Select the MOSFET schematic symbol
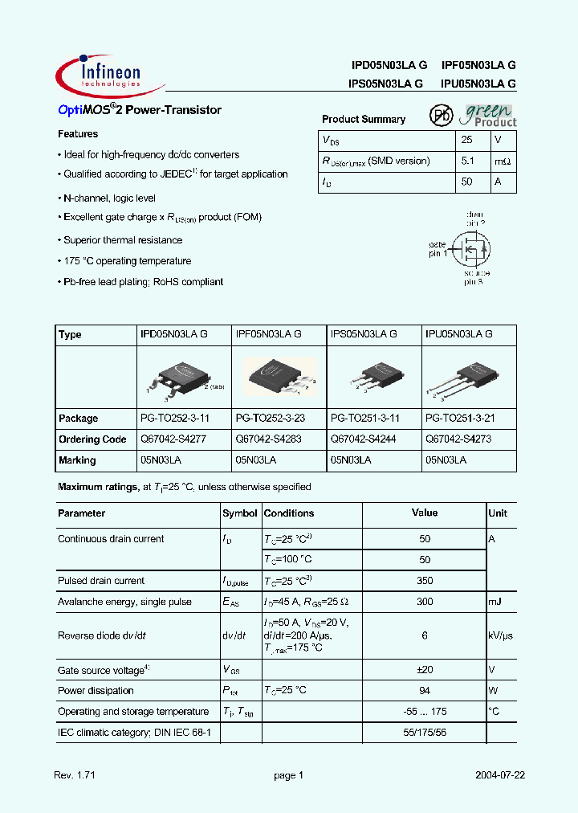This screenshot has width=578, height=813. [470, 249]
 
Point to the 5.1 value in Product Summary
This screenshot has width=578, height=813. [469, 161]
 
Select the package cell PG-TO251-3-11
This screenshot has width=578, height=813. [365, 419]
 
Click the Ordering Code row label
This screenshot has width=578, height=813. [92, 439]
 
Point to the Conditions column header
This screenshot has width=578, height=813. [289, 513]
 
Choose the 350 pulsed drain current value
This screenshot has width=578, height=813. [425, 581]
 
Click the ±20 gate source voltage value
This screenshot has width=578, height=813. [425, 670]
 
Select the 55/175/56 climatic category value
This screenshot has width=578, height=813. [425, 733]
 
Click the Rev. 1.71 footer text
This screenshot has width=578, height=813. [75, 776]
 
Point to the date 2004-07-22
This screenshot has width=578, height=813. [499, 776]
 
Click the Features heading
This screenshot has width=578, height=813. [78, 134]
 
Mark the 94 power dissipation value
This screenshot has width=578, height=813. [425, 691]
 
